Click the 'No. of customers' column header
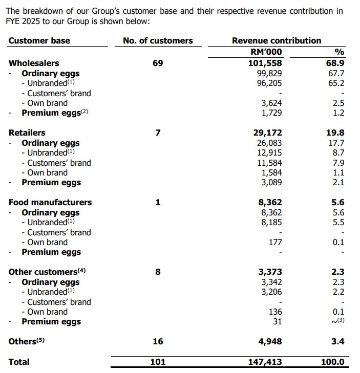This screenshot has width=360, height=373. pos(158,40)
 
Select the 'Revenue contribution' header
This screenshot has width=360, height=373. pos(277,40)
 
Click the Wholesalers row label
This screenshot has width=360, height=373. pos(34,63)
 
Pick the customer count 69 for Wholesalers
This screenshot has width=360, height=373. pos(158,63)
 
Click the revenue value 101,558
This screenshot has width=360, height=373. pos(262,63)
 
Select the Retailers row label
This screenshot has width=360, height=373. pos(27,133)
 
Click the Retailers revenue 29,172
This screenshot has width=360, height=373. pos(265,133)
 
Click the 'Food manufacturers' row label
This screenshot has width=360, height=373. pos(50,202)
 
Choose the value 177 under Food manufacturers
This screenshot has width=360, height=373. pos(274,242)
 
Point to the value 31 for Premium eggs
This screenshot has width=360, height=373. pos(277,322)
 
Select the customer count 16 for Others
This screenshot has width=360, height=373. pos(158,341)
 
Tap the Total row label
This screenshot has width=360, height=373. pos(19,362)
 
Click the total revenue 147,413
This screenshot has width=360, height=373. pos(262,362)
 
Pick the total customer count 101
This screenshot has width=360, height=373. pos(158,362)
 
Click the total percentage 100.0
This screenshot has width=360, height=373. pos(332,362)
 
